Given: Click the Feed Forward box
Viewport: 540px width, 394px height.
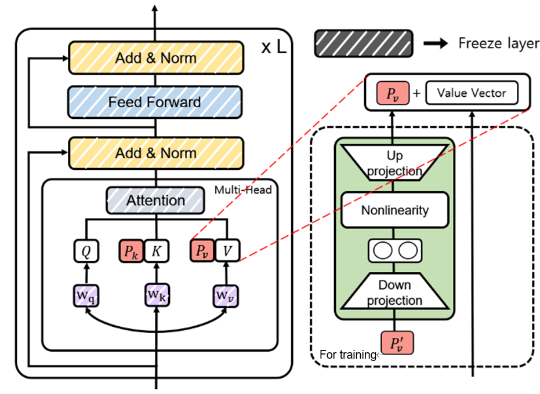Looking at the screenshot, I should [155, 103].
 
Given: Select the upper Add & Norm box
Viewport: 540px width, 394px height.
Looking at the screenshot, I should [155, 58].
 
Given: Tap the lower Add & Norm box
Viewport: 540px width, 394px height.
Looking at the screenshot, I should [155, 153].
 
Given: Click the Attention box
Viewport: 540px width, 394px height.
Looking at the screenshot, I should [155, 201].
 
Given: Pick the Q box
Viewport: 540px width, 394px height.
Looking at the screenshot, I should [85, 251].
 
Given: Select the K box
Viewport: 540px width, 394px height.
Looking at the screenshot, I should [155, 251].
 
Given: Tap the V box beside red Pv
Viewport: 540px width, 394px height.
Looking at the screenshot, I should [227, 251].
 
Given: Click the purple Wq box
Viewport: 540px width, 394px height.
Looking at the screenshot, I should [85, 295].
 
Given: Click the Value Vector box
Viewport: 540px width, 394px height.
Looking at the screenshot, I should [472, 93].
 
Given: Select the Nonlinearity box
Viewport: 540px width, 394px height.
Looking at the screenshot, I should [394, 210].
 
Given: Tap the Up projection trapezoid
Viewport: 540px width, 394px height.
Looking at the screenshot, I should [394, 162].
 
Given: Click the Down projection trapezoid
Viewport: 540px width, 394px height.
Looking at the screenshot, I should [394, 293].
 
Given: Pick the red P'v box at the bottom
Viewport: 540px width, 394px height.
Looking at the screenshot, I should [394, 343].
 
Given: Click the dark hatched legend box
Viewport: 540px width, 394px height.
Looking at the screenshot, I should [363, 44].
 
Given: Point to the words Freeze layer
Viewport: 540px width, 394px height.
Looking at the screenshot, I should [498, 43].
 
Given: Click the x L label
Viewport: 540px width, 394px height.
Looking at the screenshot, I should [273, 47].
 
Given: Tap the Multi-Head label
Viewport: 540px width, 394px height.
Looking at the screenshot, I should [242, 189].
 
